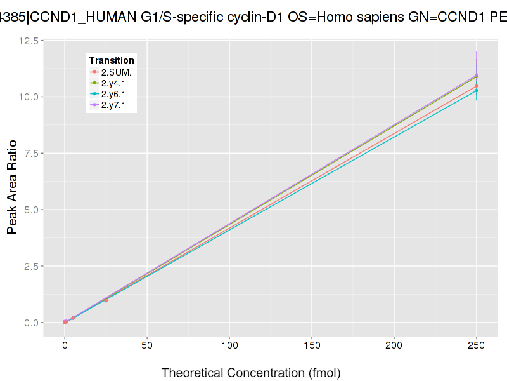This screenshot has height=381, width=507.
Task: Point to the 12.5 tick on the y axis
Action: tap(31, 41)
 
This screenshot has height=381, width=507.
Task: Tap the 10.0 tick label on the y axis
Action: tap(31, 97)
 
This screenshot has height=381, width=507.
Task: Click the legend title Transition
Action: tap(112, 60)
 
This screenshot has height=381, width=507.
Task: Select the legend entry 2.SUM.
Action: tap(116, 72)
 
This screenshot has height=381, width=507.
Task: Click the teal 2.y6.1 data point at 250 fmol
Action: tap(477, 91)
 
